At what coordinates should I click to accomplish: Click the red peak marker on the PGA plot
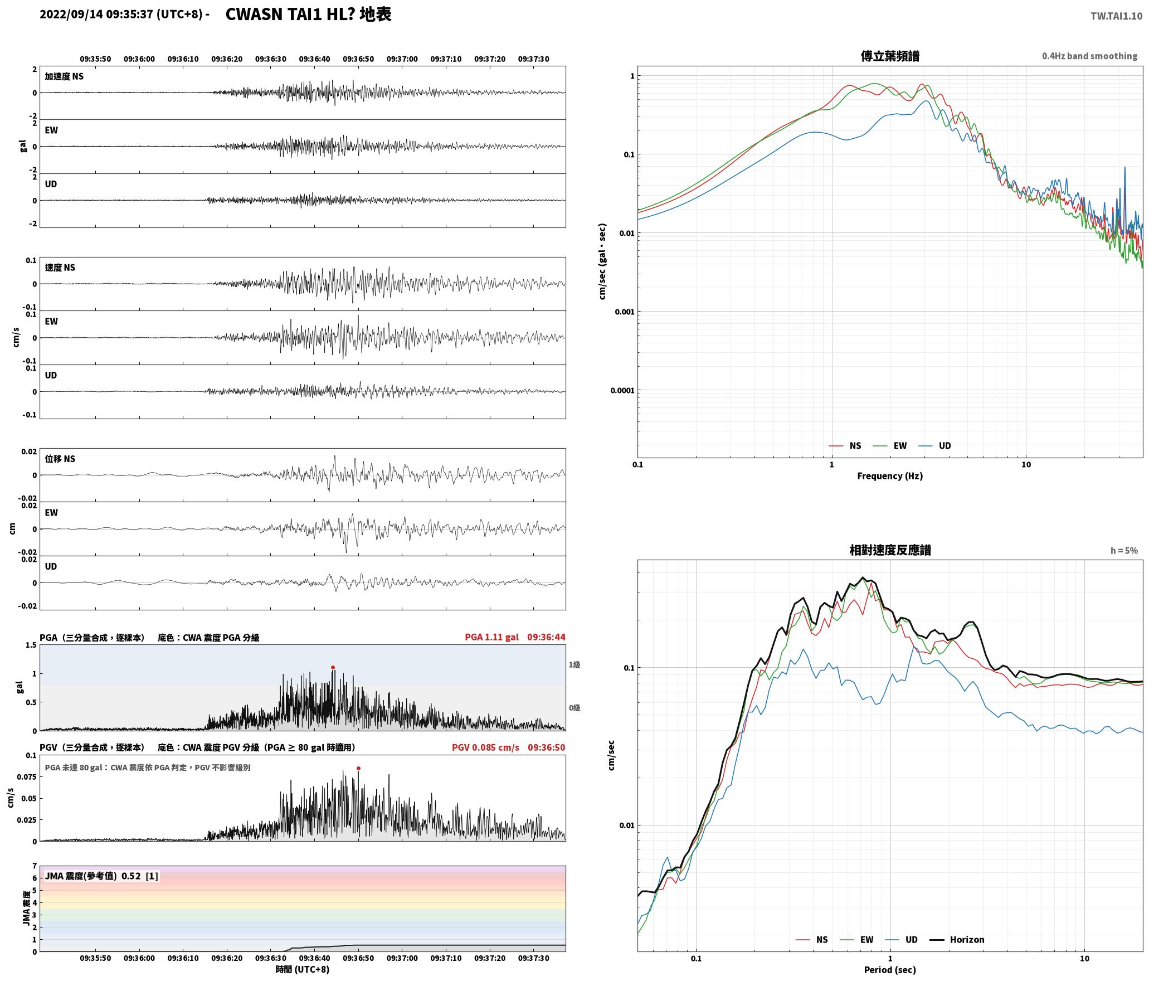333,667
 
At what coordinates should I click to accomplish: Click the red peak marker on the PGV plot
358,768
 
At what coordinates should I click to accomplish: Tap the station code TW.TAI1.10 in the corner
1116,16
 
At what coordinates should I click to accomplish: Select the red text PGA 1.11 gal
491,637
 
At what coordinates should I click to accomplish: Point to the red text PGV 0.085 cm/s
485,747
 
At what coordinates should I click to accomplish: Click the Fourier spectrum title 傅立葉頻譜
890,56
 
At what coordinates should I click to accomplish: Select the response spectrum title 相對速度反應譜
890,550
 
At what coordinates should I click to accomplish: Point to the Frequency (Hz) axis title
890,476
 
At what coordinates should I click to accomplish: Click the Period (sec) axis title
890,970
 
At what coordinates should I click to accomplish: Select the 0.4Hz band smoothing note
1089,56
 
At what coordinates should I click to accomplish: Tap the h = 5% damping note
1124,551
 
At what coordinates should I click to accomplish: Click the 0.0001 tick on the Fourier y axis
622,390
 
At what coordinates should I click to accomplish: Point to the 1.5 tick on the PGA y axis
31,645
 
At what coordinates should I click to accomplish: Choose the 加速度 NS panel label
64,76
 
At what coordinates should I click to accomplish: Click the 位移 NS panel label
60,459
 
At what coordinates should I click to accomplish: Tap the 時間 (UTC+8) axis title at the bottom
302,969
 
